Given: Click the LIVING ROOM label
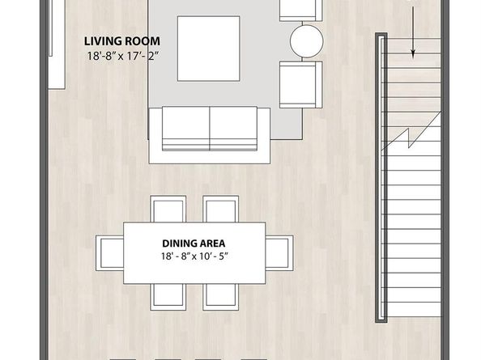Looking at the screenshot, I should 123,40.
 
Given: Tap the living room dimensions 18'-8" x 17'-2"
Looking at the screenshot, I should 123,55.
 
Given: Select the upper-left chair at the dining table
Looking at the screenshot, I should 169,210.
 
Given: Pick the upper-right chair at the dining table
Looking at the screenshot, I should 219,210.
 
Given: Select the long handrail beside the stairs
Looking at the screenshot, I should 379,178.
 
